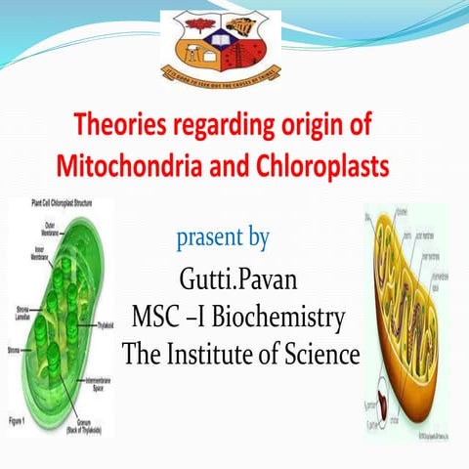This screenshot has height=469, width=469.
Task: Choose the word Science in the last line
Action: click(321, 353)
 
